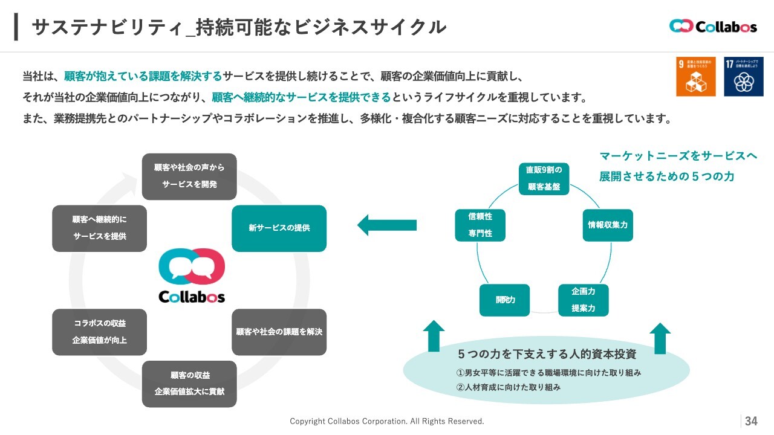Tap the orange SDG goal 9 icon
[695, 77]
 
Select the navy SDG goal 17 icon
[743, 77]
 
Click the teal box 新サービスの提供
[279, 228]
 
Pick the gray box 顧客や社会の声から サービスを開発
[189, 176]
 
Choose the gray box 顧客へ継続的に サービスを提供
[99, 228]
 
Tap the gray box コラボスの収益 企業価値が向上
[99, 332]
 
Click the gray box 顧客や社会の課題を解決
[279, 332]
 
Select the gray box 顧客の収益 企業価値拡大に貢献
[189, 384]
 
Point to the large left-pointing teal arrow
[387, 225]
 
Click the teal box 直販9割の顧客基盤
[544, 178]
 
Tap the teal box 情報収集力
[607, 225]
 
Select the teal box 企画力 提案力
[583, 300]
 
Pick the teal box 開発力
[504, 300]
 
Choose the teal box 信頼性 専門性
[480, 225]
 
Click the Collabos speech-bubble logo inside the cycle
[192, 275]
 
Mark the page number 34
[751, 421]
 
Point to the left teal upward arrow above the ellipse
[433, 337]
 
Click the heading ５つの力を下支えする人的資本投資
[547, 354]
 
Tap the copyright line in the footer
[387, 421]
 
